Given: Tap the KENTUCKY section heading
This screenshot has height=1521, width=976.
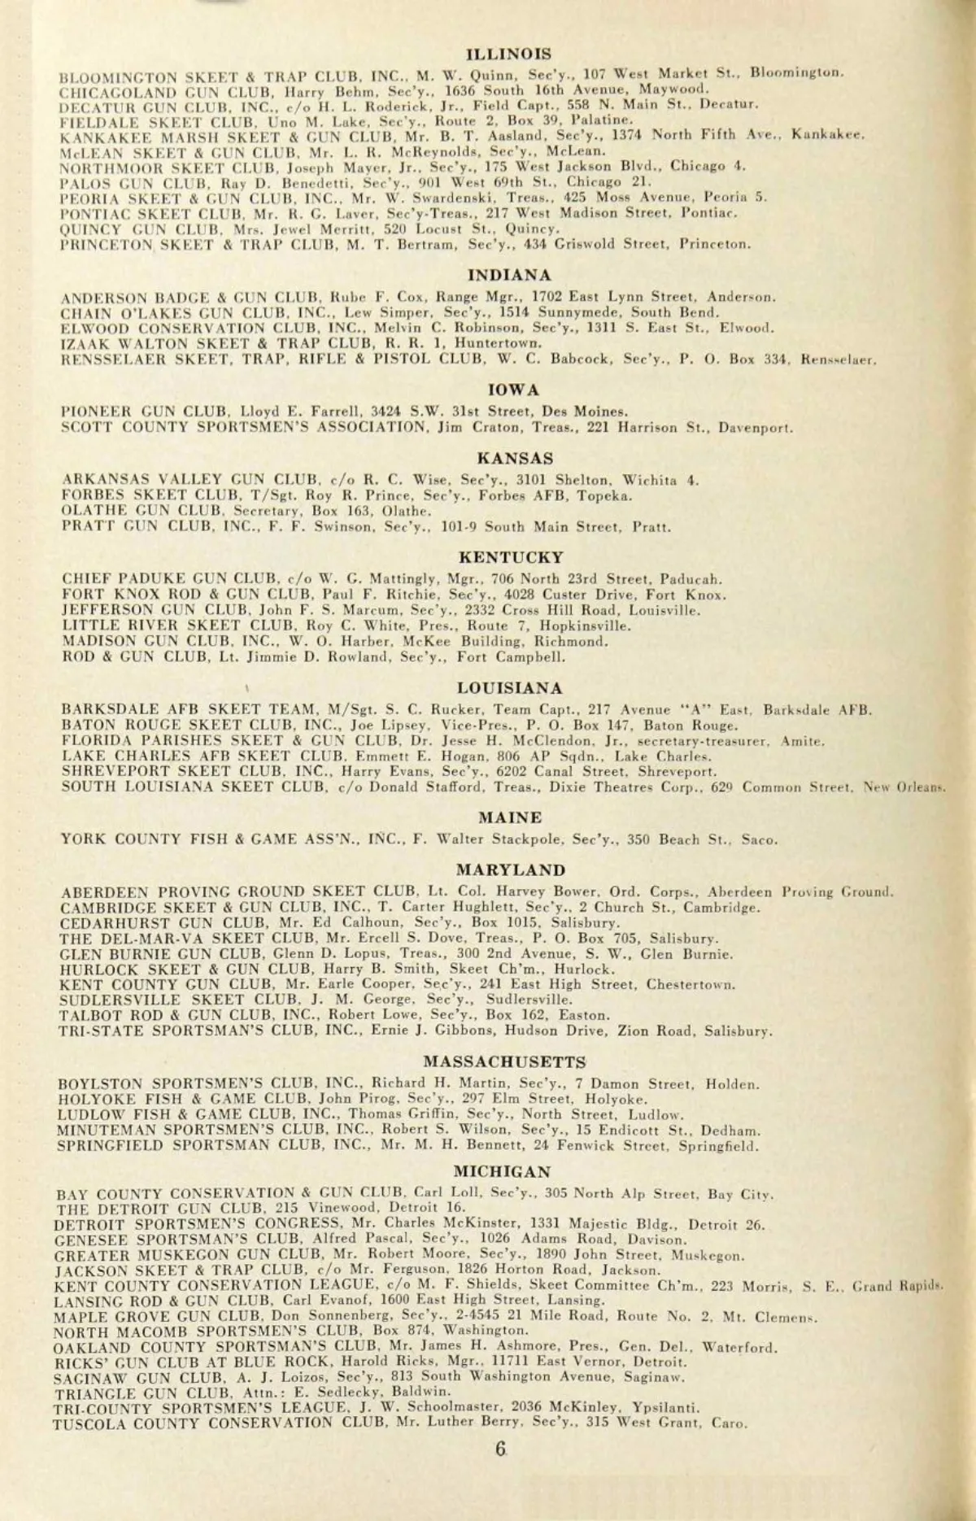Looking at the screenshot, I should [511, 558].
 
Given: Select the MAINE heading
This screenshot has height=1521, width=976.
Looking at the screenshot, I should [511, 817].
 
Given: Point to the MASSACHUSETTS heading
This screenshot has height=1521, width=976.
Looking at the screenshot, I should [504, 1062].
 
